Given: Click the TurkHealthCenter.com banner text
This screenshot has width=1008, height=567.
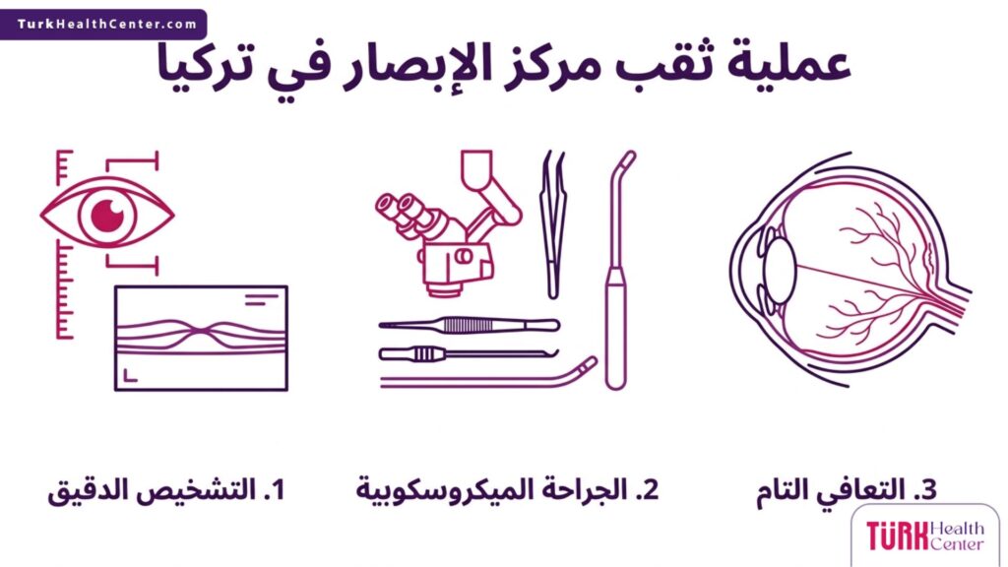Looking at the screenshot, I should (x=105, y=23).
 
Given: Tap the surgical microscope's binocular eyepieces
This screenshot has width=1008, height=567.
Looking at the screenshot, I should (x=399, y=209).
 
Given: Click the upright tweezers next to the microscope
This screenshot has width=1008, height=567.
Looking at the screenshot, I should (x=554, y=226).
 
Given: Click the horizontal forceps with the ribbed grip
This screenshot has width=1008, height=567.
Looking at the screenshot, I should (x=468, y=324).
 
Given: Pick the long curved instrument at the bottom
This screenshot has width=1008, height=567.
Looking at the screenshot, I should (x=492, y=377).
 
